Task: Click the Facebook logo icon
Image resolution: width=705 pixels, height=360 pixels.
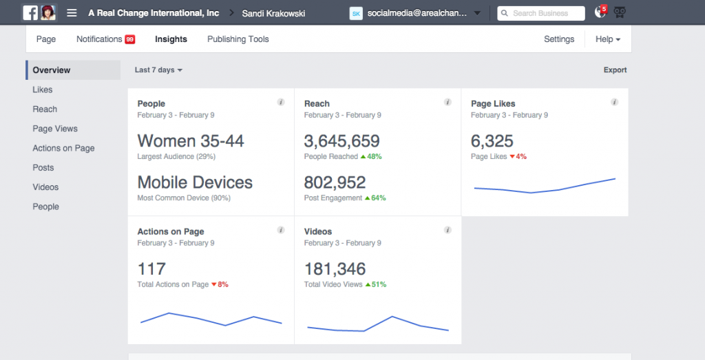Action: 30,13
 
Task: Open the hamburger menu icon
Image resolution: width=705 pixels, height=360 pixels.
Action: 72,13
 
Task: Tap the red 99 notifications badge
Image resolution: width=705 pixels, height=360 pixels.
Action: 129,39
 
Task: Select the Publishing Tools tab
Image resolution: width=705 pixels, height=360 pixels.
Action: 238,39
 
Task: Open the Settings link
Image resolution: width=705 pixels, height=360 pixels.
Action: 558,39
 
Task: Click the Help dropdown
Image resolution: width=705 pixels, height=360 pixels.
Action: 607,39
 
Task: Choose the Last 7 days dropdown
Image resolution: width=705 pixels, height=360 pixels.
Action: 158,70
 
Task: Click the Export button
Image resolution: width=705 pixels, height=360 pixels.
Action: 615,70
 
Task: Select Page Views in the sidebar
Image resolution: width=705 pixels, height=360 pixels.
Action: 55,129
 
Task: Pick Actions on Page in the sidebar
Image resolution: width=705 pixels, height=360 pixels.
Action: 63,148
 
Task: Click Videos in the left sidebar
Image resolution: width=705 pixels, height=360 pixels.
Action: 45,187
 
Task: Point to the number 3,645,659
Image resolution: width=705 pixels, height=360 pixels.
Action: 341,141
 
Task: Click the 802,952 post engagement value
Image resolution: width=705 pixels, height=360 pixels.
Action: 335,182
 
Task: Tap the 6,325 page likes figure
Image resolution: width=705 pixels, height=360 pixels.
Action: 492,141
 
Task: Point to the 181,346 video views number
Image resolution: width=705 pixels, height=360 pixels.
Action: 335,268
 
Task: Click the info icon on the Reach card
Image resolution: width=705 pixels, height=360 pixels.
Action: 448,103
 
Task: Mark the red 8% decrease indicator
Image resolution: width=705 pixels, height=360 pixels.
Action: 220,284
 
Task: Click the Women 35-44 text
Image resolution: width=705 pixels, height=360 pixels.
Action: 191,141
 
